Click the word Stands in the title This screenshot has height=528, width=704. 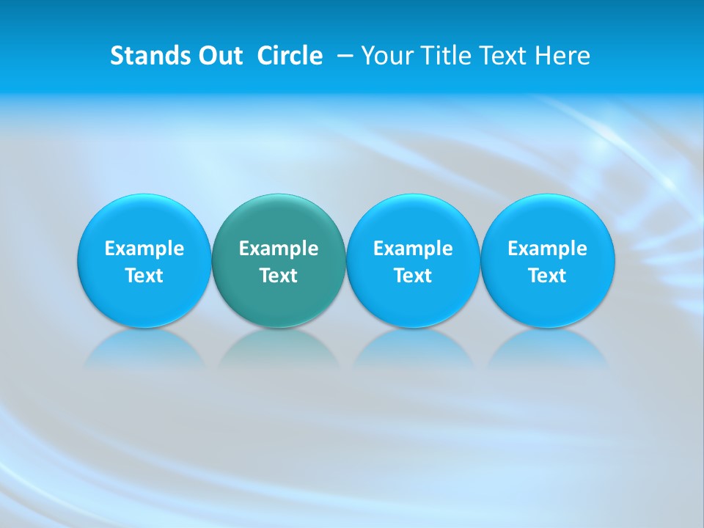coord(142,56)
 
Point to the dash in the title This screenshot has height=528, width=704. coord(343,56)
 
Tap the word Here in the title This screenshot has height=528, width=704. coord(565,56)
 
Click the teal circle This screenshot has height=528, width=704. coord(279,220)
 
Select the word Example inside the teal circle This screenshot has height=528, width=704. coord(279,249)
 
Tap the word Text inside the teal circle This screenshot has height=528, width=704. coord(279,276)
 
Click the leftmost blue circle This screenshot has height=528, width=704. coord(144,220)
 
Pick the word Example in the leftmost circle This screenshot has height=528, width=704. coord(144,249)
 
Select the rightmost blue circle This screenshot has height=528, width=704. coord(548,220)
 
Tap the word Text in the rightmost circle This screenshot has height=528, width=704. coord(548,276)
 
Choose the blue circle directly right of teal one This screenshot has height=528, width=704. coord(413,220)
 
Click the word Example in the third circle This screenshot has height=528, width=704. coord(413,249)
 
